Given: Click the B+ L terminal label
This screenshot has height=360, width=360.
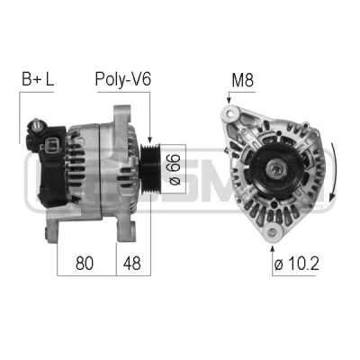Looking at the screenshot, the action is pyautogui.click(x=38, y=79).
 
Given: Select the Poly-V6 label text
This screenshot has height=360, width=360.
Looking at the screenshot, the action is pyautogui.click(x=123, y=79).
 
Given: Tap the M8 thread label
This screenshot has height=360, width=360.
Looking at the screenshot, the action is pyautogui.click(x=243, y=80).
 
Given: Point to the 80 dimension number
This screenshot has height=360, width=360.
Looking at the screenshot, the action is pyautogui.click(x=85, y=263).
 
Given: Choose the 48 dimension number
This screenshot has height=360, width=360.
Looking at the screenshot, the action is pyautogui.click(x=131, y=263).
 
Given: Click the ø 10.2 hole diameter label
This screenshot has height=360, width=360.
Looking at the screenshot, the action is pyautogui.click(x=296, y=263).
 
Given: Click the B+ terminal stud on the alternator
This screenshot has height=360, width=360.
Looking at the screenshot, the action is pyautogui.click(x=37, y=123).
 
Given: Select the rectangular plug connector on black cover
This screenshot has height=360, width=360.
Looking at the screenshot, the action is pyautogui.click(x=53, y=144).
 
